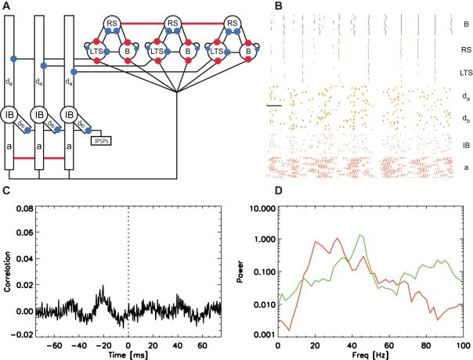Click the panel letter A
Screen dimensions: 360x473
coord(7,6)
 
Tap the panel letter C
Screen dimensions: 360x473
coord(7,191)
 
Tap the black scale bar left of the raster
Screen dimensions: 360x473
coord(273,104)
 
